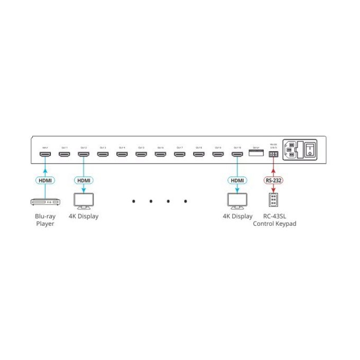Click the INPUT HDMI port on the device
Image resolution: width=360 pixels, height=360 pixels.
(45, 154)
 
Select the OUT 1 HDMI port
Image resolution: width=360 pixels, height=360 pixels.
(64, 154)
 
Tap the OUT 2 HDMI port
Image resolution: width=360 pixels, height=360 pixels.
(83, 154)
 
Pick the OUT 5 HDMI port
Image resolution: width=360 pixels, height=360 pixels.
(141, 154)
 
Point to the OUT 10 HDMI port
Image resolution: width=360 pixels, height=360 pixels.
(237, 154)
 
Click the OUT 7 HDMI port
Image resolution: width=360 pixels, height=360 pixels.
(179, 154)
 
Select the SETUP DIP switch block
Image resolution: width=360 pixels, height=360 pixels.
(256, 153)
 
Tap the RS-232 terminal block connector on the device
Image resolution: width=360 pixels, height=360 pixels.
(273, 153)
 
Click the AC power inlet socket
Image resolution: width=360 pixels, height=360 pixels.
(291, 149)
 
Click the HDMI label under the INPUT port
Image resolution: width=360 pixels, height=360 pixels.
(45, 181)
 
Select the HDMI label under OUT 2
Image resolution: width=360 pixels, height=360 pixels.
(83, 181)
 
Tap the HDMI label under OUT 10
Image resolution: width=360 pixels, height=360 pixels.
(237, 181)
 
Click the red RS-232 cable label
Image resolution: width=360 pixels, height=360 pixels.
(273, 181)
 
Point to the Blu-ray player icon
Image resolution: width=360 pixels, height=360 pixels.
(45, 203)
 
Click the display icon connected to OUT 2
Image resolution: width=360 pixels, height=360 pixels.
(83, 201)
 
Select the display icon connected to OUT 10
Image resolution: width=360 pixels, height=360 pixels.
(237, 201)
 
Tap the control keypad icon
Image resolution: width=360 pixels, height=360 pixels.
(273, 200)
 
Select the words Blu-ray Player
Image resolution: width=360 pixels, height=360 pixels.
(45, 220)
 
